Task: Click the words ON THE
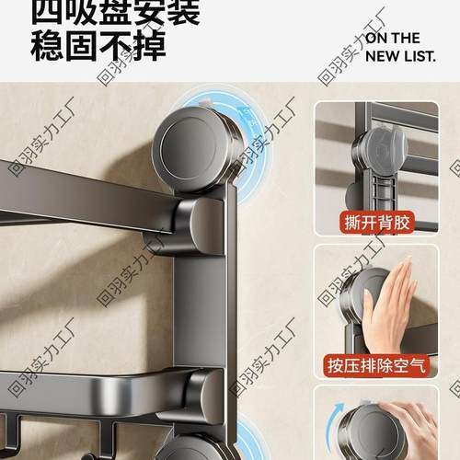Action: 393,39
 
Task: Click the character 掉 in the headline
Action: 151,45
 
